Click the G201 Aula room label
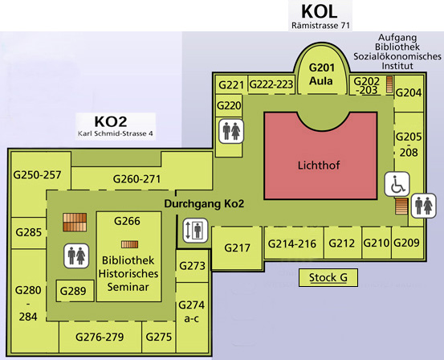point(321,74)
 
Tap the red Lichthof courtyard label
point(319,165)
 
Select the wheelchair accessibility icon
point(397,184)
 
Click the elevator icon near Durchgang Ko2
point(195,231)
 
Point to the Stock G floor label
point(328,277)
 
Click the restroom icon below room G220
point(231,131)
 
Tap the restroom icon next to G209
point(423,206)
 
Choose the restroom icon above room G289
point(76,256)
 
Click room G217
point(237,247)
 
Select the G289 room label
point(73,291)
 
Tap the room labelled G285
point(29,232)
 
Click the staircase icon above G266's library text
point(130,244)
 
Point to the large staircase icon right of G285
point(75,223)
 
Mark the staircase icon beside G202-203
point(390,84)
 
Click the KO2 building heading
point(111,121)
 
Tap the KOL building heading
point(320,11)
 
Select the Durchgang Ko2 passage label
point(204,204)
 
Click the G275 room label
point(159,337)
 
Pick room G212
point(343,243)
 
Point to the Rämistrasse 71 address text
point(320,26)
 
